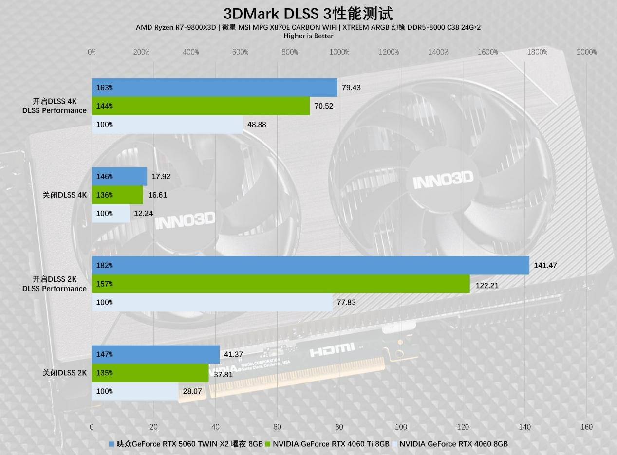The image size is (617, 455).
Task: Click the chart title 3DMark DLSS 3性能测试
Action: tap(308, 14)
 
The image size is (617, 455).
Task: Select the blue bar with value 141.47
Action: tap(310, 266)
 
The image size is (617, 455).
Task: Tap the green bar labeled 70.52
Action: tap(201, 106)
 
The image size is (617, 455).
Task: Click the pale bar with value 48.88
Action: tap(167, 125)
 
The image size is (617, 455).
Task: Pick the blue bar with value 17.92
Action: tap(119, 177)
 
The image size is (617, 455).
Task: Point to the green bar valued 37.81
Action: tap(150, 373)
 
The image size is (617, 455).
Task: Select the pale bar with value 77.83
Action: tap(212, 302)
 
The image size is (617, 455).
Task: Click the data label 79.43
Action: tap(351, 88)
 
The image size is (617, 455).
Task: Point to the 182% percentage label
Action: tap(105, 266)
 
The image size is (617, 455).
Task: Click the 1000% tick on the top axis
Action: tap(339, 52)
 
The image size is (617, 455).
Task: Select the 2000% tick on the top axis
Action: tap(586, 52)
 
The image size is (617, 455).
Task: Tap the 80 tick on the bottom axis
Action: tap(339, 427)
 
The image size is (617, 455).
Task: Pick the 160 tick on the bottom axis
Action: tap(586, 427)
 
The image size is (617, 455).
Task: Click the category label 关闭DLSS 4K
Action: tap(65, 195)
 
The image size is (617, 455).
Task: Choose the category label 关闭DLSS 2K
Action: tap(65, 373)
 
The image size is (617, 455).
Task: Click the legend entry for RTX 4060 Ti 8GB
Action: tap(331, 444)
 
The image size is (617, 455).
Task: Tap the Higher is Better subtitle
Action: tap(308, 36)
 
